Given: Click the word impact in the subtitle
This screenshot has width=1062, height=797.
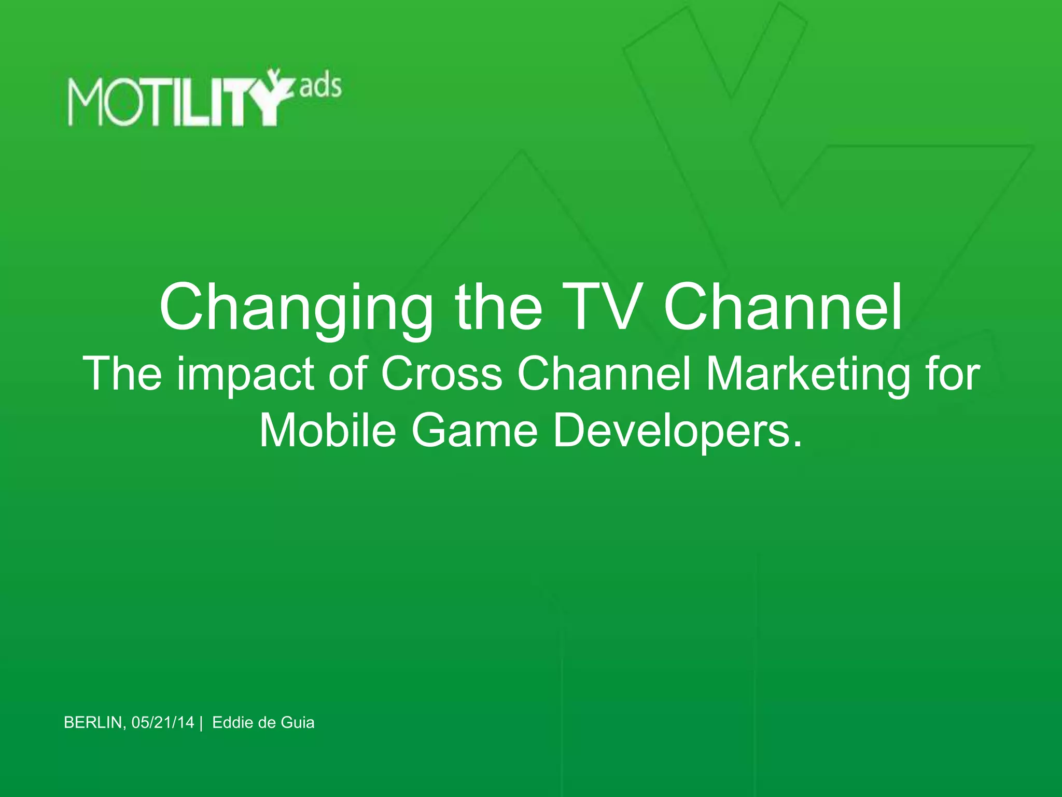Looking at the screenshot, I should point(245,375).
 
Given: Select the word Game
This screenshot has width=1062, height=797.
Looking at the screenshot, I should point(475,431).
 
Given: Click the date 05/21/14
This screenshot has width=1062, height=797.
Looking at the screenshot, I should point(163,723).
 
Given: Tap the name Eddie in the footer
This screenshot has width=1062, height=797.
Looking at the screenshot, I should point(232,723).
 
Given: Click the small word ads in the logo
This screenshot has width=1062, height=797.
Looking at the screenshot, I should point(320,86).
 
